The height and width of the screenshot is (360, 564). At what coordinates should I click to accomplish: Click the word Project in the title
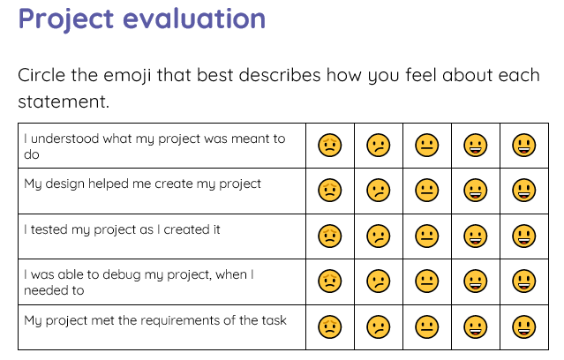pyautogui.click(x=72, y=19)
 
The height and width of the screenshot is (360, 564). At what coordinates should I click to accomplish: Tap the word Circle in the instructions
pyautogui.click(x=46, y=75)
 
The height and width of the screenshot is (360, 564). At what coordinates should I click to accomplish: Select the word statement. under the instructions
pyautogui.click(x=64, y=102)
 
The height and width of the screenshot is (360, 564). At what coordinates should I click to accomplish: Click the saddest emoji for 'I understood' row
pyautogui.click(x=330, y=145)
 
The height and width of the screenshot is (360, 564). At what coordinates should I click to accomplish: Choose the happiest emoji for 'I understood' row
pyautogui.click(x=524, y=145)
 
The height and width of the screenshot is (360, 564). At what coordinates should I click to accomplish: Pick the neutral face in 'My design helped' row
pyautogui.click(x=427, y=190)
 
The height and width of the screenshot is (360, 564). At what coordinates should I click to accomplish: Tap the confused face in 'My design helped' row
pyautogui.click(x=379, y=190)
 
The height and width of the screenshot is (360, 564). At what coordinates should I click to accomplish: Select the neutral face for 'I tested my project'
pyautogui.click(x=427, y=236)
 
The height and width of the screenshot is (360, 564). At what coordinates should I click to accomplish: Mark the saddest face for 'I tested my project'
pyautogui.click(x=330, y=236)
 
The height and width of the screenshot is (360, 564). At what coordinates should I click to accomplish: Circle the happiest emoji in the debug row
pyautogui.click(x=524, y=281)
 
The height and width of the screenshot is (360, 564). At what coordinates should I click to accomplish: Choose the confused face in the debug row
pyautogui.click(x=379, y=281)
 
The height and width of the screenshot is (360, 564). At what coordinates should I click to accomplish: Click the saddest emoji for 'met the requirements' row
pyautogui.click(x=330, y=326)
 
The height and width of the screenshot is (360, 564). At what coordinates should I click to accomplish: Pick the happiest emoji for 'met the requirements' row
pyautogui.click(x=524, y=326)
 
